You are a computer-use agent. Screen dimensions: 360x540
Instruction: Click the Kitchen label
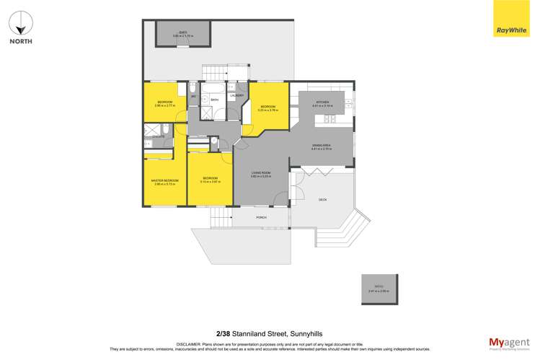coord(322,102)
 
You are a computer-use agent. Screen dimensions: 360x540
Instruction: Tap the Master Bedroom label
coord(164,180)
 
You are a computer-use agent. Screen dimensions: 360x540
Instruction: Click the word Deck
coord(322,199)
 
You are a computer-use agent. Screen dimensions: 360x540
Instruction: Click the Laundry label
coord(236,95)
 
